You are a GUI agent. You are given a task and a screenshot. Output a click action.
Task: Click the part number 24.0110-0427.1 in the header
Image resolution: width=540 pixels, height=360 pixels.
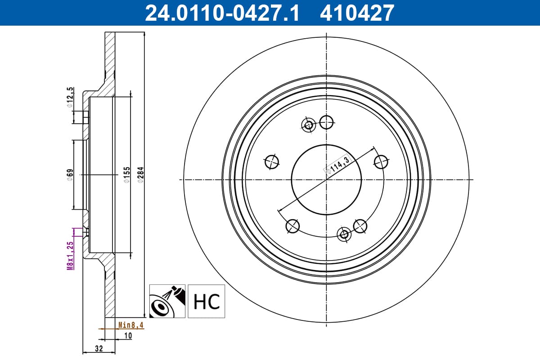pos(222,13)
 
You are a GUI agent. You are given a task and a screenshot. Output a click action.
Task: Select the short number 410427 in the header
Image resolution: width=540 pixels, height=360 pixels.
pos(357,13)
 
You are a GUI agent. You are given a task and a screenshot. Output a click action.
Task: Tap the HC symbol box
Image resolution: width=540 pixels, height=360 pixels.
pos(207,301)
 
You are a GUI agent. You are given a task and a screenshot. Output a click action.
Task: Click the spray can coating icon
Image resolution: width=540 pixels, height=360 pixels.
pos(167,301)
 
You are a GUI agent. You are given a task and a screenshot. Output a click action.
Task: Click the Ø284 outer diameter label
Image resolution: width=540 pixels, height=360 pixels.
pos(140,175)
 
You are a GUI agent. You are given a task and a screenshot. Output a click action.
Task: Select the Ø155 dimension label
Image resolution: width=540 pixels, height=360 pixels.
pos(127,175)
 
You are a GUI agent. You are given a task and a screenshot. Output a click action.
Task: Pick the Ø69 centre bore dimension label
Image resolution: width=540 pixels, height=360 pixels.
pos(70,175)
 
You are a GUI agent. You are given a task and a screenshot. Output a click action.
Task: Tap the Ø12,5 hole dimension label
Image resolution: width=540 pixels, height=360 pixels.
pos(70,97)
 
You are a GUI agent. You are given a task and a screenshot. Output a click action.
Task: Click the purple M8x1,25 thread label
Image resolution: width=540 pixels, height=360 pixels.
pos(70,256)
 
